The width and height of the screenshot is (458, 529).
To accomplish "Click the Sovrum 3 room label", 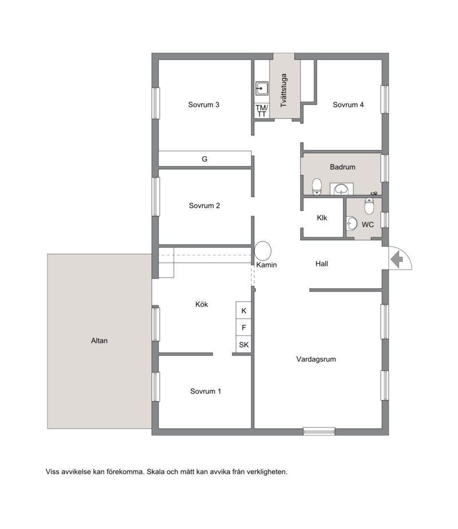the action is pos(204,104).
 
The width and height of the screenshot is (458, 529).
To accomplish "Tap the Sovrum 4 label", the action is pos(348,104).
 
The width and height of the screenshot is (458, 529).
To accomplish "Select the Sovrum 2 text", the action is pos(204,205).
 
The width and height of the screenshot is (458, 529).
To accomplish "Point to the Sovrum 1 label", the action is pos(206,391).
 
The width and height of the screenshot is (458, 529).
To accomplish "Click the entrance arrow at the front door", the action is pos(397,260).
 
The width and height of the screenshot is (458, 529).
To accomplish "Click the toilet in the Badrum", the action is pos(317,187).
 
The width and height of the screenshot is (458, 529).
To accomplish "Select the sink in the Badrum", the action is pos(342,189).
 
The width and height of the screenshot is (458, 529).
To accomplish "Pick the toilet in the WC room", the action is pos(369,206).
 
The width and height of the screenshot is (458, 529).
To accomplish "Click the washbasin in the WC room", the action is pos(352,224).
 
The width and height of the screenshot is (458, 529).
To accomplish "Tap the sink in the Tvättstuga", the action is pos(262,88).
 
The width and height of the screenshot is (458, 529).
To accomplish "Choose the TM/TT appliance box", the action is pos(262,111).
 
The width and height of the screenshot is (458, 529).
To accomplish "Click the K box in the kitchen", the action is pos(244,311).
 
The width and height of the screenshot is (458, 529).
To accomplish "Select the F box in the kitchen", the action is pos(244,327).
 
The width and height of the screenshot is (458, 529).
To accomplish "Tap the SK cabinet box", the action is pos(244,344).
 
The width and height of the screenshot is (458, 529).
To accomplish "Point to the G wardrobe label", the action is pos(204,159).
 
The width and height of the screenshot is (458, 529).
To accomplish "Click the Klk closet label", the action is pos(322,218).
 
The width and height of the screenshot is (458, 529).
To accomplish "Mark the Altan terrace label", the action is pos(99,340).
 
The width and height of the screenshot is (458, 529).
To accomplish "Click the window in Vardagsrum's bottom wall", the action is pos(319,431).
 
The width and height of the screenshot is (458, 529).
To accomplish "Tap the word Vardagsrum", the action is pos(316,359).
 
